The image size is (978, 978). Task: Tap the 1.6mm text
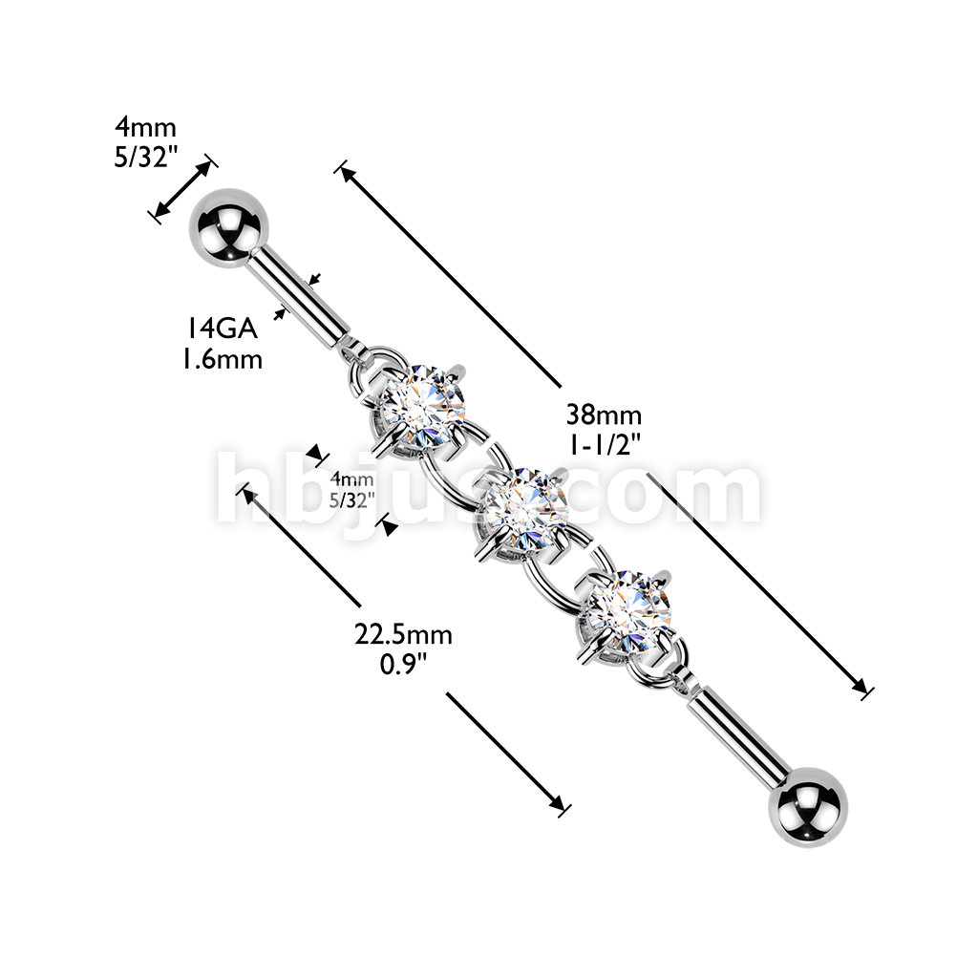[x=223, y=360]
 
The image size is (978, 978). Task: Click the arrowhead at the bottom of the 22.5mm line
[x=558, y=804]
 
